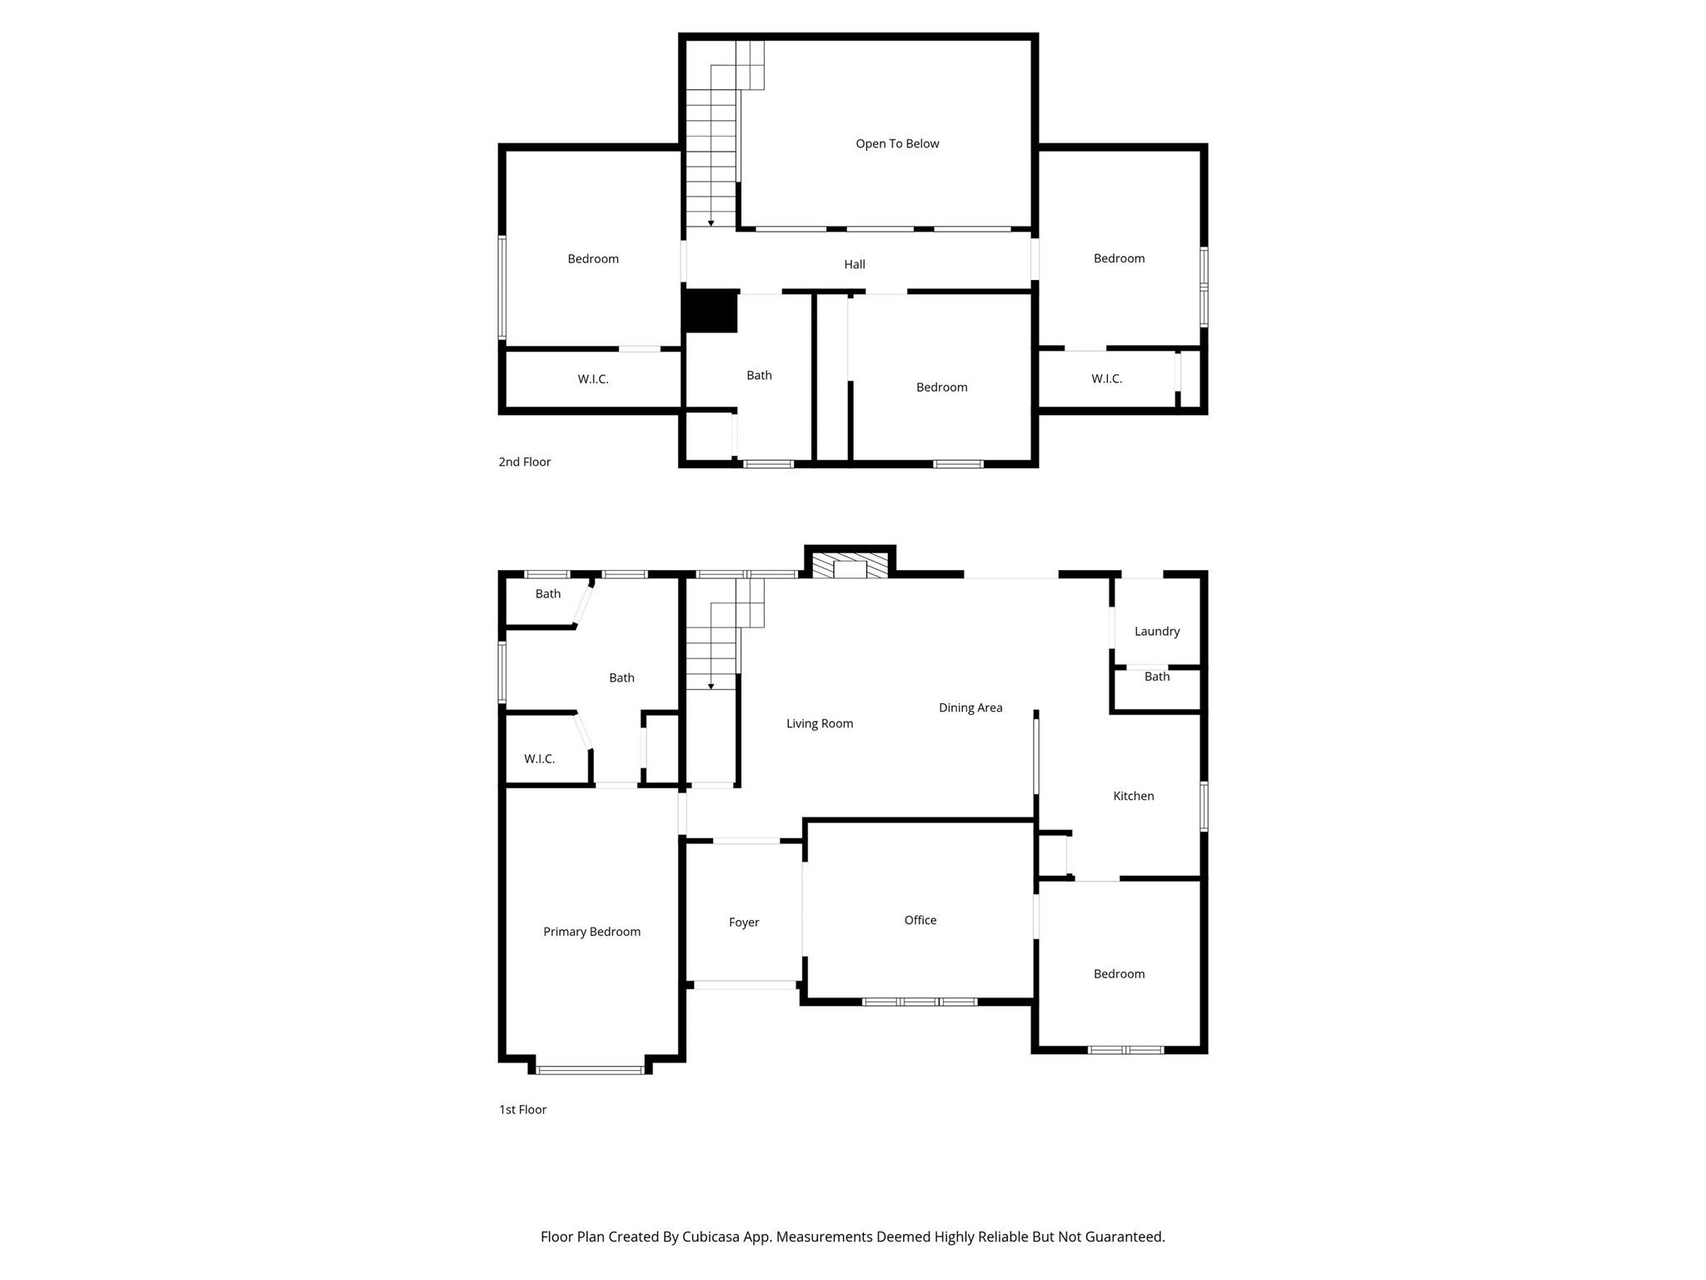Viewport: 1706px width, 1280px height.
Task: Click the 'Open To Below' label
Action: tap(897, 144)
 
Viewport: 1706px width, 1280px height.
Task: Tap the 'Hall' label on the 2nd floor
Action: tap(855, 264)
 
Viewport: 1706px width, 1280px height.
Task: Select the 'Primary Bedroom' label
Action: tap(591, 932)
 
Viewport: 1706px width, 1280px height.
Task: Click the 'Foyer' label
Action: tap(744, 922)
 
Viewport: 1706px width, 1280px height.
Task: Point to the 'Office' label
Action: tap(920, 920)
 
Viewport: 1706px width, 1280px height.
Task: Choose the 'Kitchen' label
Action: tap(1134, 796)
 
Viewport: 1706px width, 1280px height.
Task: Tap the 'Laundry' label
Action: tap(1157, 632)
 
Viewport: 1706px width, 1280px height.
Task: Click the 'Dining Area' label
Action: tap(970, 707)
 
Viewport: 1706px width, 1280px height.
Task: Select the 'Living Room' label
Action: tap(820, 723)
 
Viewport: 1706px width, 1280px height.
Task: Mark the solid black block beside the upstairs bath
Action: tap(710, 311)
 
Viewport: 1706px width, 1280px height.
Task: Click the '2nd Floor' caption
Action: tap(525, 462)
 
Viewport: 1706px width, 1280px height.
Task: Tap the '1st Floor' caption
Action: tap(522, 1109)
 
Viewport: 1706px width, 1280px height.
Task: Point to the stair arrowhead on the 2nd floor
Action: tap(711, 223)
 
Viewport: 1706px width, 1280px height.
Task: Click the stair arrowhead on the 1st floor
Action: tap(711, 687)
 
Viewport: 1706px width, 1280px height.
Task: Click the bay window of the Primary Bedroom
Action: tap(590, 1069)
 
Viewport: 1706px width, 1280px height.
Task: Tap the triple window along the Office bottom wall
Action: tap(919, 1002)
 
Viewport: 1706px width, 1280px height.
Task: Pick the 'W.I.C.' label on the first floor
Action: tap(539, 759)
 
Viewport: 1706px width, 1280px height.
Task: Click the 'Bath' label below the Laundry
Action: tap(1157, 677)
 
